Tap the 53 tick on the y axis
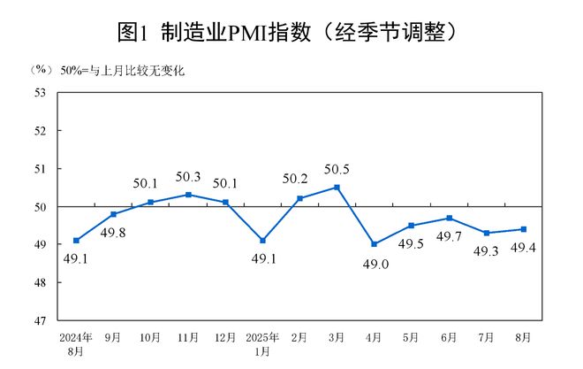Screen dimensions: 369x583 click(x=41, y=92)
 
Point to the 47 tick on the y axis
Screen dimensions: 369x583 click(x=41, y=321)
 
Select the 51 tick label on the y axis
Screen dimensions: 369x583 click(x=41, y=169)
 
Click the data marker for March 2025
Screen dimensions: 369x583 click(x=337, y=187)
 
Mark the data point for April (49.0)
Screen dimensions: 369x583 click(x=375, y=244)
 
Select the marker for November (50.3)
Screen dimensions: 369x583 click(x=188, y=195)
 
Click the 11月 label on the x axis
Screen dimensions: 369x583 click(x=188, y=338)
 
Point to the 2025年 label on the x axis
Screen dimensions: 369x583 click(x=262, y=338)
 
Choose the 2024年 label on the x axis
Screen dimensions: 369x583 click(x=77, y=338)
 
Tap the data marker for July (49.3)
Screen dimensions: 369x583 click(x=487, y=233)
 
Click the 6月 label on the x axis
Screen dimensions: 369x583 click(x=449, y=338)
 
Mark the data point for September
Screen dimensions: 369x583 click(x=114, y=214)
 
